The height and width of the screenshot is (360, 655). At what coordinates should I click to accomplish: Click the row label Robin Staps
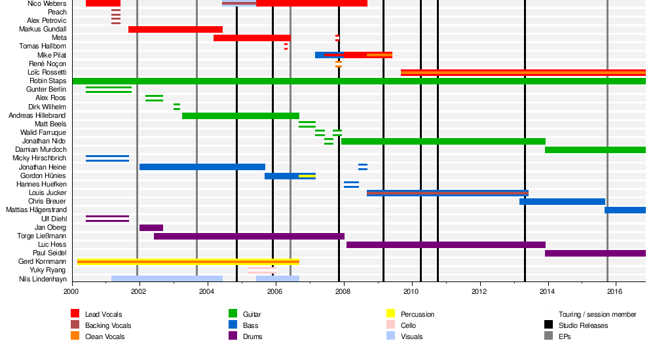[48, 81]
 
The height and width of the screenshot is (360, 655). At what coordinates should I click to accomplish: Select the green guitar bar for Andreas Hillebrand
[240, 116]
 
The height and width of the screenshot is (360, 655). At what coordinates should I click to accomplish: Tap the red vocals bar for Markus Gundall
[176, 29]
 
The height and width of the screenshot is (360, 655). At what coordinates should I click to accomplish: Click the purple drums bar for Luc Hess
[445, 245]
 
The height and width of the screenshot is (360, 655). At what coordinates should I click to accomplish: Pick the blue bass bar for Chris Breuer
[562, 202]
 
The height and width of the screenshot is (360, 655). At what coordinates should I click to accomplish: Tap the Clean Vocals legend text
[104, 336]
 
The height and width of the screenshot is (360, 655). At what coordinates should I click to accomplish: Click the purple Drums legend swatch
[233, 336]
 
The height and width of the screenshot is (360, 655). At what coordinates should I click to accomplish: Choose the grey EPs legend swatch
[548, 336]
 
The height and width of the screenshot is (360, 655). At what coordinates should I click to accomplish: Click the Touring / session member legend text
[597, 314]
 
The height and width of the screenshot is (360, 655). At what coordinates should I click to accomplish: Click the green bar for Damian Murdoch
[595, 150]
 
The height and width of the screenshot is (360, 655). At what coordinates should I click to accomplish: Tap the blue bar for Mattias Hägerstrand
[625, 210]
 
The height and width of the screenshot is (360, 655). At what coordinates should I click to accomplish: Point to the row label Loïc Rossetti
[47, 72]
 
